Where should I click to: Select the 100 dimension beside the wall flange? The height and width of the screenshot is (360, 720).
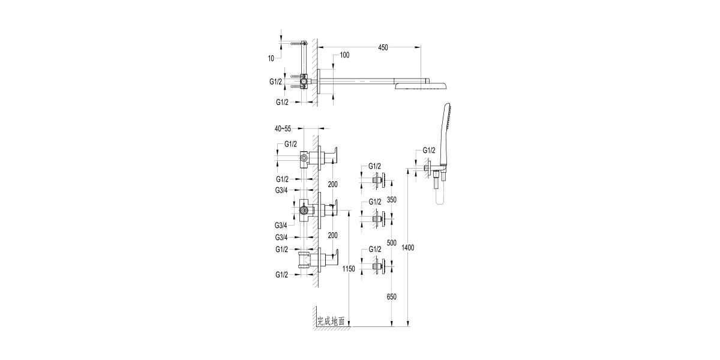344,55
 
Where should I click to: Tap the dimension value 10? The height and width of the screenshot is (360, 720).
271,58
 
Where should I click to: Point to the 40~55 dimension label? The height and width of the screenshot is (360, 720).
283,128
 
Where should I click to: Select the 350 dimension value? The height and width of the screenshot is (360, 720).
392,200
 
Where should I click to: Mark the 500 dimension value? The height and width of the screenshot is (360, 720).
392,243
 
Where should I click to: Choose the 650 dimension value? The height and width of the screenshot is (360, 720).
392,296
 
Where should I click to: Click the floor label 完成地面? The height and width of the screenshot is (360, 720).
331,322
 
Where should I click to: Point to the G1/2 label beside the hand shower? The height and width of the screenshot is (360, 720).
429,150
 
